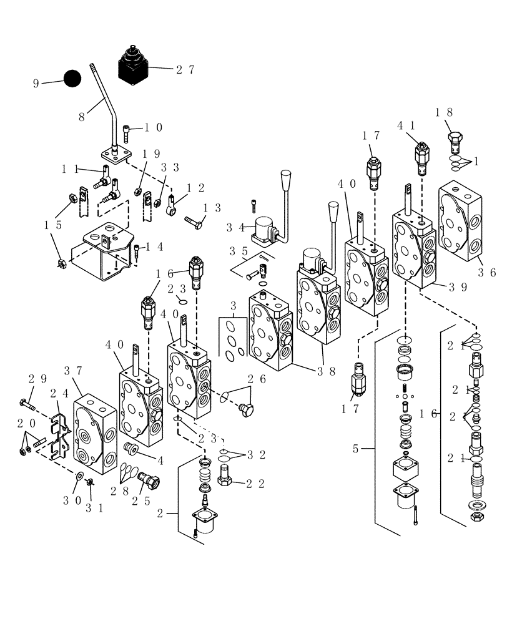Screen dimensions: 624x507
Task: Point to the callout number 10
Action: click(154, 127)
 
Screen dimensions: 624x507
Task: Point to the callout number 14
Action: click(154, 246)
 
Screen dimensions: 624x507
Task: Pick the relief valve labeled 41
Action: click(421, 158)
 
